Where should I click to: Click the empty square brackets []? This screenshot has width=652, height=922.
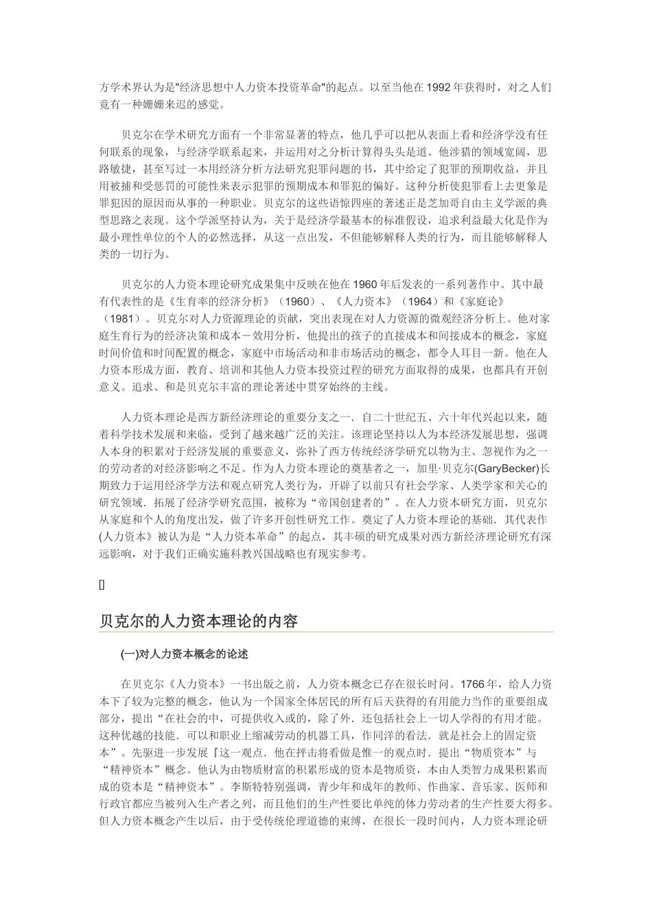102,584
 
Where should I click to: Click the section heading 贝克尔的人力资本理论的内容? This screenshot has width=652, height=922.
199,622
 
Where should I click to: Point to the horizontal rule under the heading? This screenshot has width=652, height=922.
326,632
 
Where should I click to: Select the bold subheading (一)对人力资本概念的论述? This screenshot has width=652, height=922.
189,654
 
